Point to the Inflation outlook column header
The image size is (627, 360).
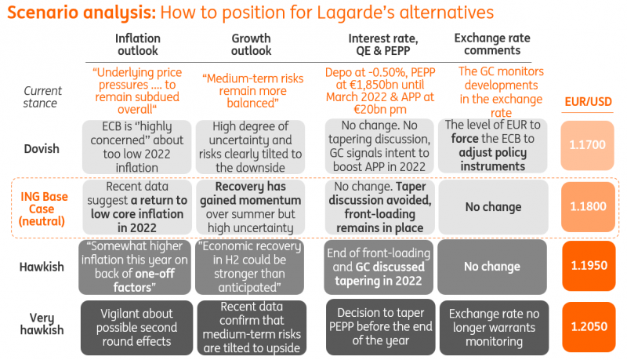138,44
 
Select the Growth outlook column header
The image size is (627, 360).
251,44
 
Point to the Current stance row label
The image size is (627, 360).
40,96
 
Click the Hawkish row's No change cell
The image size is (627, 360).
492,267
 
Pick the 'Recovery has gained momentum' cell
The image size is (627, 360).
251,207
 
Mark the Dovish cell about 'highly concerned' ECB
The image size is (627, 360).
138,146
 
